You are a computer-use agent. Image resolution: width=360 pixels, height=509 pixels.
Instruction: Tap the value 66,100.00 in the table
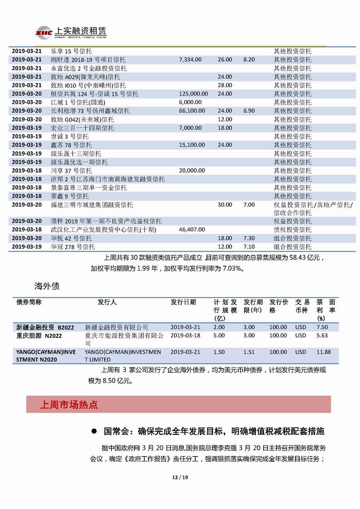[x=191, y=110]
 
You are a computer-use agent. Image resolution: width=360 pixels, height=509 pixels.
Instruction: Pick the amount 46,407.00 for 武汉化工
[x=191, y=230]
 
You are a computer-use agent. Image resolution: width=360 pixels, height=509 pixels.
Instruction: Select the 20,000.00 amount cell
[x=191, y=170]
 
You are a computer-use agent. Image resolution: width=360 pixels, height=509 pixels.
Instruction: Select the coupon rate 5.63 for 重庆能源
[x=322, y=335]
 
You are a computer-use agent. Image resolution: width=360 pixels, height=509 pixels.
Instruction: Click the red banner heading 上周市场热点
[x=69, y=405]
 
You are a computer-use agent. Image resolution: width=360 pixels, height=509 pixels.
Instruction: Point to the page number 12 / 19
[x=180, y=478]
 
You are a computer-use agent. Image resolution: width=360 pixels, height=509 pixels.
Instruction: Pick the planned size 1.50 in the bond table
[x=219, y=352]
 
